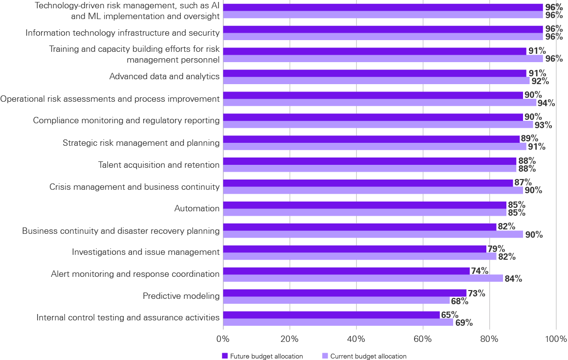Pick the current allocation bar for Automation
tap(365, 213)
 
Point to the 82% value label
tap(506, 227)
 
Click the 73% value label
tap(476, 293)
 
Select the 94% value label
tap(546, 103)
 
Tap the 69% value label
tap(463, 322)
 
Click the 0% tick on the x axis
tap(223, 338)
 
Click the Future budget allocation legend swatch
tap(225, 356)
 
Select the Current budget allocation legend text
tap(368, 356)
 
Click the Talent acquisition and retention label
tap(159, 165)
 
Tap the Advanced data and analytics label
tap(164, 76)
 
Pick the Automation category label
tap(197, 208)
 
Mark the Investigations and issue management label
tap(146, 252)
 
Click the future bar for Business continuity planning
tap(360, 227)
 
